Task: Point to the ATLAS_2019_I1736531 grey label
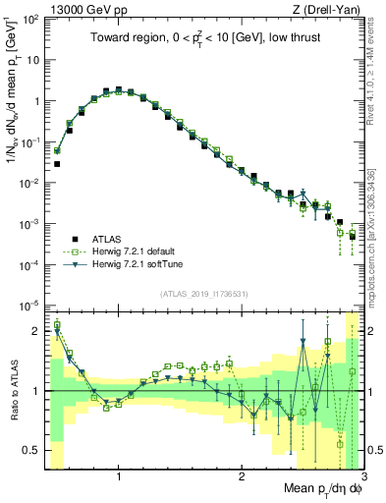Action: click(x=210, y=294)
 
